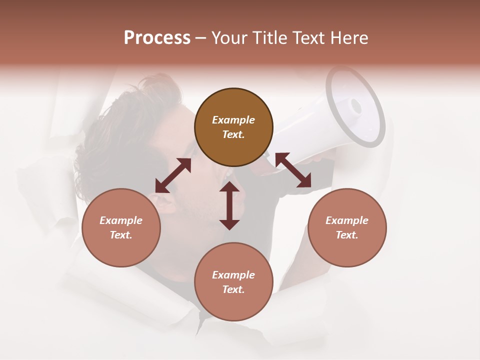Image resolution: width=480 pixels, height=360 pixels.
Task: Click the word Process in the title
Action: point(157,38)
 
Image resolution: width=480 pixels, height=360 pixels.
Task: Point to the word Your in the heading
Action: point(229,38)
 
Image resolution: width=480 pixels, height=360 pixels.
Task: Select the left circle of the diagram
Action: point(121,227)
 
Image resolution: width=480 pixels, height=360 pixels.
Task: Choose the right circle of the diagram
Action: point(347,227)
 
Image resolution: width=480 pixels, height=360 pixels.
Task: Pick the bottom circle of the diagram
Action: point(233,281)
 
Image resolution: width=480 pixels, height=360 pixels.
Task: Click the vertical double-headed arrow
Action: point(229,205)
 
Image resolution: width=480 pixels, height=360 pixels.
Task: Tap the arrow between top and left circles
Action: point(173,175)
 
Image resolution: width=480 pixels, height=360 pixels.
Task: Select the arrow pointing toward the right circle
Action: point(293,170)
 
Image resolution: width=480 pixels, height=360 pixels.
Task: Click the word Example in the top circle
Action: point(233,120)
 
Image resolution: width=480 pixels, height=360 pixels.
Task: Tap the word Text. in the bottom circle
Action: point(233,289)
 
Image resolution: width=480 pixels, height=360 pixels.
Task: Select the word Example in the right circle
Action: point(347,220)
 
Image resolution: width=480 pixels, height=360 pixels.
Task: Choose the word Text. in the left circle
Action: point(121,235)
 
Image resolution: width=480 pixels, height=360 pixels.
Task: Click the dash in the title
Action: point(201,38)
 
